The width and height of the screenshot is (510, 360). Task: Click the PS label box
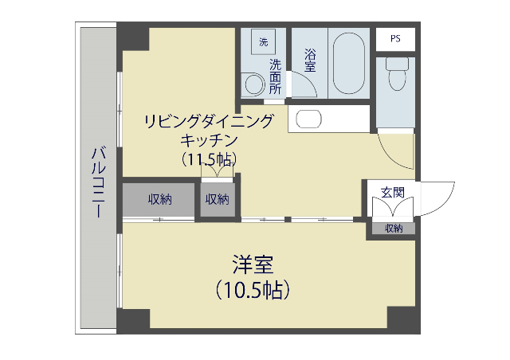395,39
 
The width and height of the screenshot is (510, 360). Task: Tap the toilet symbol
397,73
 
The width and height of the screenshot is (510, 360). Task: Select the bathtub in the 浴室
349,63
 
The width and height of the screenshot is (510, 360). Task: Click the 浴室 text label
310,61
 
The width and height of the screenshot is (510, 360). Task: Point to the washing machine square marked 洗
264,41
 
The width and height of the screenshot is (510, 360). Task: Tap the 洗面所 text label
275,76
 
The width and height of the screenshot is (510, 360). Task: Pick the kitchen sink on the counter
308,119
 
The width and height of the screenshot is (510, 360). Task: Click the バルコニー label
99,182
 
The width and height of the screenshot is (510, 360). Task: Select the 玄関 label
393,193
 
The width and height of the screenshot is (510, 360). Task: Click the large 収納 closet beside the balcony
159,199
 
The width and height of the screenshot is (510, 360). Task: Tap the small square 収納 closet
218,199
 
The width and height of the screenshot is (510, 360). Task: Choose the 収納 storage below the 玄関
394,229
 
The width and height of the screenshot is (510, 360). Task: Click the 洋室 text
253,264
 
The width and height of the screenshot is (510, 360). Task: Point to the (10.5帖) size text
253,290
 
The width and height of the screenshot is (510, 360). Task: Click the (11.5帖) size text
209,159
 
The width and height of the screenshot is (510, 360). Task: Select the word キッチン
209,140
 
